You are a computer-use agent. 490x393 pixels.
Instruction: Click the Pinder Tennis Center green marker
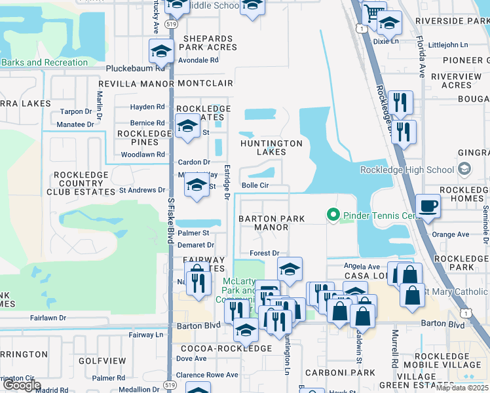click(x=333, y=214)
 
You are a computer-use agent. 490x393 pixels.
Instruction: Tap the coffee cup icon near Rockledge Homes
click(x=428, y=206)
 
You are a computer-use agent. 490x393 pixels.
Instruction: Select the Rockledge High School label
click(x=416, y=170)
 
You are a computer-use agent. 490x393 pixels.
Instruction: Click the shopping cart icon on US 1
click(x=373, y=12)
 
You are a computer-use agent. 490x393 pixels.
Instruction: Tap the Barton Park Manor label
click(x=263, y=223)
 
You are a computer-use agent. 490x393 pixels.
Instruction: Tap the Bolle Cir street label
click(x=255, y=185)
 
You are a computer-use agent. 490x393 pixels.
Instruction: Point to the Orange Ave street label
click(x=451, y=234)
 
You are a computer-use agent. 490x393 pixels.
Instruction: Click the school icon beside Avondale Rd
click(x=162, y=50)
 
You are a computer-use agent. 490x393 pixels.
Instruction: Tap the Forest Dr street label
click(x=265, y=253)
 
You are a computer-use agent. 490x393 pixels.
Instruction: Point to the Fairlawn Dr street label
click(x=48, y=318)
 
